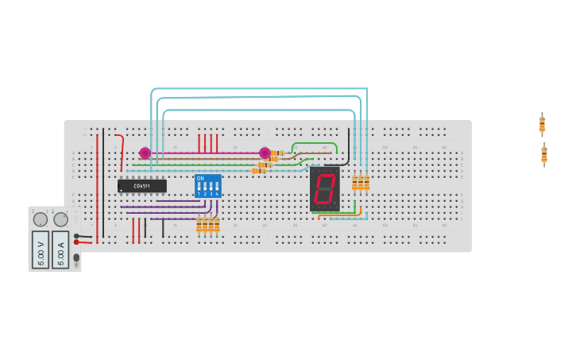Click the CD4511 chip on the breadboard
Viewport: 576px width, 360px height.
coord(142,186)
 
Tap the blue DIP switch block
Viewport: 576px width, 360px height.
coord(208,186)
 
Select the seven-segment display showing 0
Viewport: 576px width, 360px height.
coord(324,189)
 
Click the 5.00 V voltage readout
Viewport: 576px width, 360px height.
coord(41,249)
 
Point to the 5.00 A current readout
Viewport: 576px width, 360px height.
coord(60,249)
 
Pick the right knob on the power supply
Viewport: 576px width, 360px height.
coord(60,219)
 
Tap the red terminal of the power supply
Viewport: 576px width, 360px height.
coord(76,242)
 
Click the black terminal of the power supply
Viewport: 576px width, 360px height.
coord(76,235)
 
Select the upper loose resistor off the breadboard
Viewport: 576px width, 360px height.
coord(542,124)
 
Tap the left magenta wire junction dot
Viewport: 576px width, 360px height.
coord(145,153)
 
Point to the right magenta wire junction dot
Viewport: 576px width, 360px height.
coord(265,153)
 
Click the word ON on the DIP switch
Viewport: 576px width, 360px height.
coord(200,178)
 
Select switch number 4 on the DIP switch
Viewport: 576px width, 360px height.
coord(216,190)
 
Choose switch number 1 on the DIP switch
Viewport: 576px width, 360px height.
coord(199,190)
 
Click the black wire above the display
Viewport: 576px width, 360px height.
coord(348,147)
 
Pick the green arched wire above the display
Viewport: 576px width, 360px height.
coord(315,144)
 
